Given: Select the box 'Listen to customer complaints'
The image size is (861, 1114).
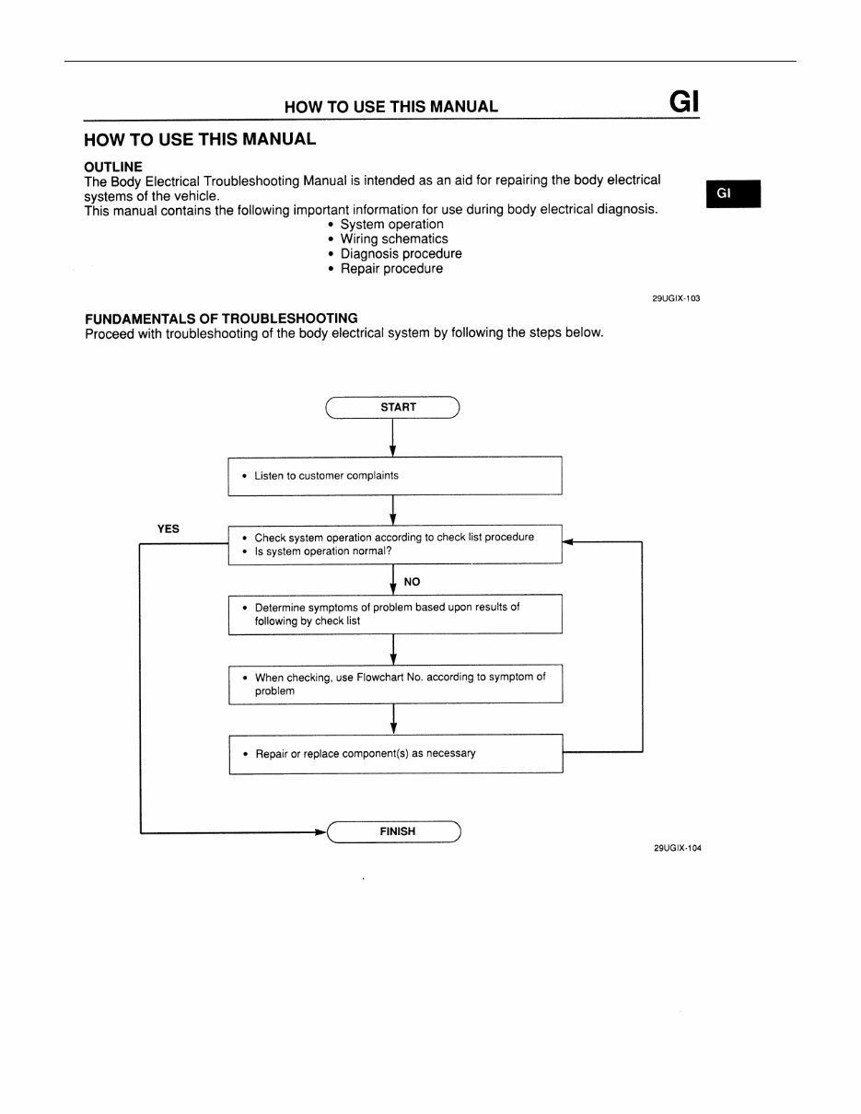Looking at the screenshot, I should point(394,476).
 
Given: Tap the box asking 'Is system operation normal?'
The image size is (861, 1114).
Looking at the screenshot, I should point(394,544).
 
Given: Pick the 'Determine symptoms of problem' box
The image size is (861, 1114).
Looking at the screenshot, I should point(394,614).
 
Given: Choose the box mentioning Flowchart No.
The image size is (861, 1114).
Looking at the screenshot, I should point(394,683).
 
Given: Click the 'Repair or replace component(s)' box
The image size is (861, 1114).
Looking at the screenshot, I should point(394,753).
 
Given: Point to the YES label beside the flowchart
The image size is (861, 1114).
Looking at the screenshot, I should point(169,529).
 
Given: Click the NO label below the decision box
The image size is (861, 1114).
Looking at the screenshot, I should point(412,582).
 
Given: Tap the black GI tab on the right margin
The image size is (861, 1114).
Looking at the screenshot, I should point(733,193).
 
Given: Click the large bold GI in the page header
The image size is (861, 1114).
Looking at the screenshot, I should point(685,101).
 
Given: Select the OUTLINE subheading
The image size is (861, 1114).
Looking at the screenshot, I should point(113,167).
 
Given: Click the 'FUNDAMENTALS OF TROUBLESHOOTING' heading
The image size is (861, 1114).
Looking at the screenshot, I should point(221,319).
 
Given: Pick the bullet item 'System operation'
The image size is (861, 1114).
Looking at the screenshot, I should point(391,225).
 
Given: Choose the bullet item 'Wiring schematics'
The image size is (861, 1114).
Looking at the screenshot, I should point(394,239).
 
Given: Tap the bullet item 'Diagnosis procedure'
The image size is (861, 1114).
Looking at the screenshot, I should point(401,254).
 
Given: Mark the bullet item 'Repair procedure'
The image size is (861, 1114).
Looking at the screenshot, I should point(391,269).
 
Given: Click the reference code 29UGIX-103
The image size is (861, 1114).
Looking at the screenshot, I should point(676,298).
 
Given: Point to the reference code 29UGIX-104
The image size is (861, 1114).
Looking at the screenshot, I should point(677,849).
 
